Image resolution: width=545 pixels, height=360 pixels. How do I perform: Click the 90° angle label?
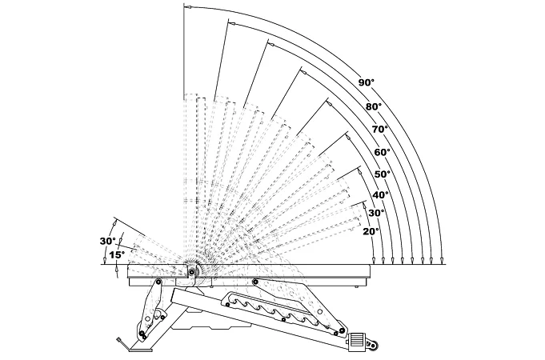pos(366,83)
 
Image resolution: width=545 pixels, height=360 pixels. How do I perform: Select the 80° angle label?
pos(374,106)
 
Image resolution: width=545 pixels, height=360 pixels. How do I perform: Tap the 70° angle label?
pos(379,129)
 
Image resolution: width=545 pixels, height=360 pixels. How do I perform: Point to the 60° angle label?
pos(381,151)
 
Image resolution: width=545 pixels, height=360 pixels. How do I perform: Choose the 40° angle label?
pos(380,194)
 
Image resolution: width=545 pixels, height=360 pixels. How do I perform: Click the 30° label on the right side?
pos(375,213)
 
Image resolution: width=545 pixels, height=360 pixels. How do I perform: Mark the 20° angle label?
pos(370,231)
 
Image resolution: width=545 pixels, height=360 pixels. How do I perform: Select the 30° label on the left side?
pos(107,241)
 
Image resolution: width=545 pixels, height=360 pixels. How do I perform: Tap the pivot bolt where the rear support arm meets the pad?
pos(254,281)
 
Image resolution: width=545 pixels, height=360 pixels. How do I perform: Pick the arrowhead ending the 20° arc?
pos(383,260)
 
